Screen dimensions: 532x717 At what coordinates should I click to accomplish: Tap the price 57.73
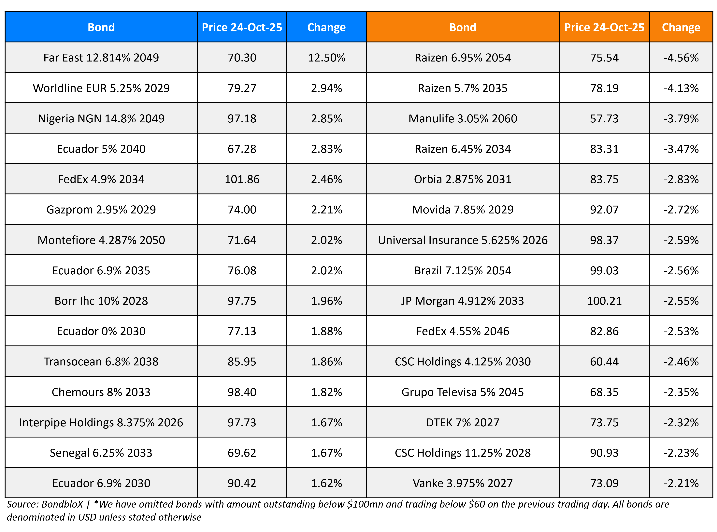(604, 118)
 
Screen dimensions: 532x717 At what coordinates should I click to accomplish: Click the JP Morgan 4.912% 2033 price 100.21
(604, 301)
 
